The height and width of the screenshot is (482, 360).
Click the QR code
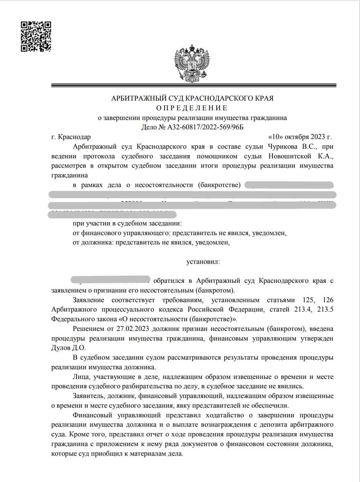click(36, 37)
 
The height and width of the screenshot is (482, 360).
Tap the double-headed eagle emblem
click(192, 63)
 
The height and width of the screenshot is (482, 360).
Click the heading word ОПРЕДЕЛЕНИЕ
click(192, 108)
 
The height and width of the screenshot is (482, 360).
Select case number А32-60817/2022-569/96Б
click(205, 127)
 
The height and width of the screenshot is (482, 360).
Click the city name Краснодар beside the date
click(74, 137)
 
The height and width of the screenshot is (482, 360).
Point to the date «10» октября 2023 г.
click(300, 137)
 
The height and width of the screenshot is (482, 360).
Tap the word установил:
click(203, 262)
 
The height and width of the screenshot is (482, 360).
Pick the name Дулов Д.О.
click(69, 348)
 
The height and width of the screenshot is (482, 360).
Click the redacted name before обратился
click(111, 280)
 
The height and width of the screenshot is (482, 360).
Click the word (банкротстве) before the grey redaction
click(219, 185)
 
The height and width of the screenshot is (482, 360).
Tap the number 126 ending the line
click(328, 300)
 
